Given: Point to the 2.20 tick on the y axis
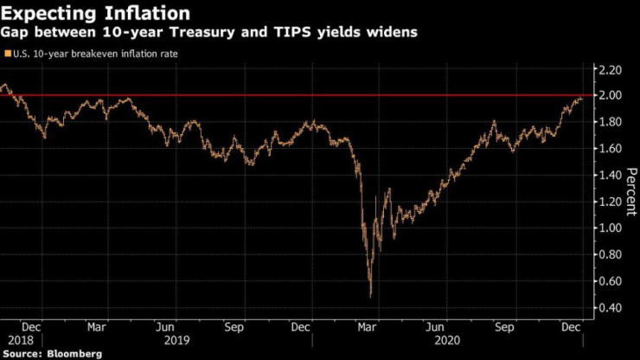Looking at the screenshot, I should (x=611, y=68).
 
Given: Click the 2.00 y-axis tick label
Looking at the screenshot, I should (x=611, y=95).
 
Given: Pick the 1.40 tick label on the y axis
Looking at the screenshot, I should (x=611, y=175).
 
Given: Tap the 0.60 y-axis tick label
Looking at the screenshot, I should (x=611, y=281).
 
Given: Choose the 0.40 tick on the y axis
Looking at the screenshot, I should (x=611, y=308).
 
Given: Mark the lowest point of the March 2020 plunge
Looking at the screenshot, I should (x=370, y=296).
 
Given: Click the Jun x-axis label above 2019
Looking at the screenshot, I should (x=166, y=328).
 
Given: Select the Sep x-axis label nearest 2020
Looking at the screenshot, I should (x=504, y=328).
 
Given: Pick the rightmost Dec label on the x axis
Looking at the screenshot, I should (x=571, y=328).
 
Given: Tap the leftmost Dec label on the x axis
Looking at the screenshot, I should (x=30, y=328).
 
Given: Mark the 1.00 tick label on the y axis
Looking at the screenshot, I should (x=611, y=228).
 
